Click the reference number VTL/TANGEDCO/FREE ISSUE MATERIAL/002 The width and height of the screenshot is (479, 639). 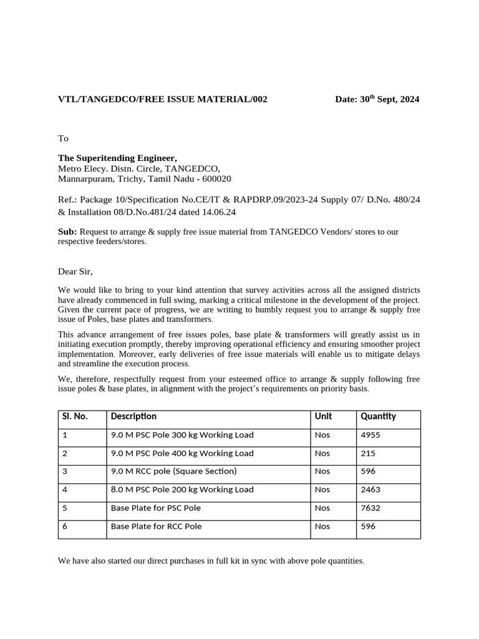coord(163,99)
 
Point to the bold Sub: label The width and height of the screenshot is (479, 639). coord(67,232)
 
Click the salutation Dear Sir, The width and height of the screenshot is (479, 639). coord(75,271)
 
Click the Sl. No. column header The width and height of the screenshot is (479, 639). coord(75,416)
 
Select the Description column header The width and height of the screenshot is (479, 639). coord(133,416)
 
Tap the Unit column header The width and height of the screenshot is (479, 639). coord(323,416)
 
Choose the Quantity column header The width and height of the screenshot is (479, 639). coord(378,416)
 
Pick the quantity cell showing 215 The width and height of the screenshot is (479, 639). coord(368,453)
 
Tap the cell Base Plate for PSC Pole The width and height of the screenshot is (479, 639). coord(155,508)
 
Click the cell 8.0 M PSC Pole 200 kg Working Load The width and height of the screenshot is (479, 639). coord(182,490)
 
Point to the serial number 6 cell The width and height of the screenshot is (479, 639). coord(65,526)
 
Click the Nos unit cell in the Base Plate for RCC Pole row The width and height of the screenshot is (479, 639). coord(322,526)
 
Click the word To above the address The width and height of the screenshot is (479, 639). coord(63,138)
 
